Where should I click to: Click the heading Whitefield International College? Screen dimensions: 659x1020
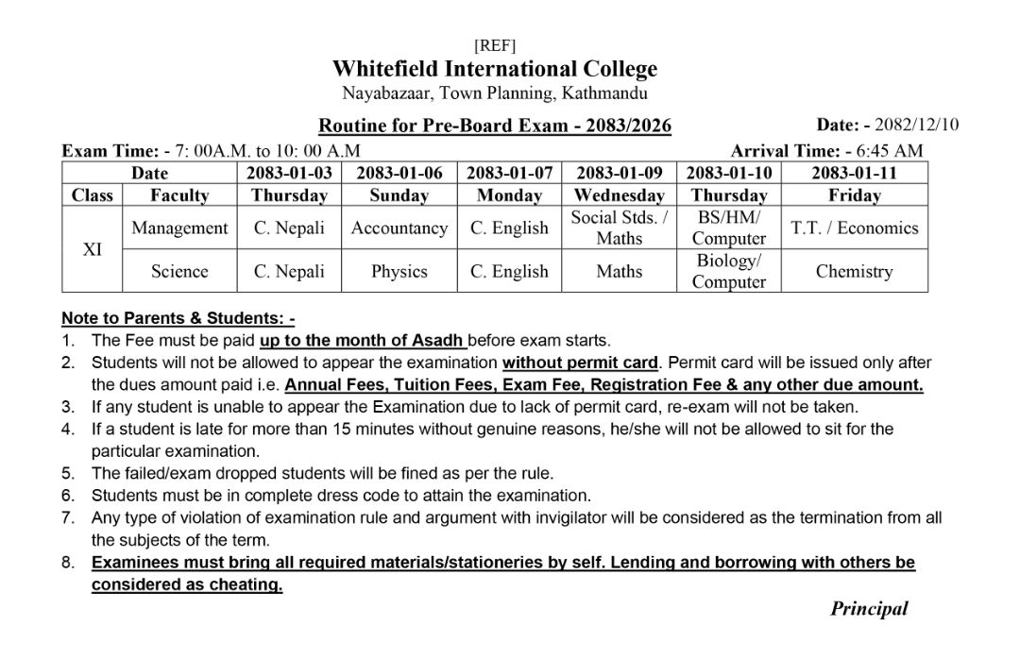[x=494, y=69]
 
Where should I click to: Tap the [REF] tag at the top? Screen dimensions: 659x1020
[x=494, y=45]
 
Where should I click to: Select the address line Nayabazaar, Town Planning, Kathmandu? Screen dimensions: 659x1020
[x=494, y=93]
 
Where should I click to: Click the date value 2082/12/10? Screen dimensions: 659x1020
[x=916, y=125]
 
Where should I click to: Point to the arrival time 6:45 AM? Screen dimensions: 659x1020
[x=890, y=150]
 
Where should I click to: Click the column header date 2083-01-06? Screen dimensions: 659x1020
[x=399, y=173]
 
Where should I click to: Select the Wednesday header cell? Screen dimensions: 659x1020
[x=619, y=195]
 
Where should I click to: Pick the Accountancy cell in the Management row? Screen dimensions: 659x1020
[x=399, y=228]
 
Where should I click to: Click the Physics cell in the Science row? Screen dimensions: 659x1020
[x=399, y=271]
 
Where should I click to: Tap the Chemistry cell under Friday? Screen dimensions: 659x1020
[x=854, y=271]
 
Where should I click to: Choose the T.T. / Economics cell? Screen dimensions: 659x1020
[x=854, y=228]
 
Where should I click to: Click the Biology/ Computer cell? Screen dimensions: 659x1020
[x=728, y=271]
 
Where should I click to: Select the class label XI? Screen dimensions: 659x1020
[x=93, y=249]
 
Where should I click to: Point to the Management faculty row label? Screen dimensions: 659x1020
[x=179, y=228]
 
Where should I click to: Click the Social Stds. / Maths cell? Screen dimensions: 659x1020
[x=619, y=228]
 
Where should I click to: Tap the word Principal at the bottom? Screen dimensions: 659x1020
[x=869, y=609]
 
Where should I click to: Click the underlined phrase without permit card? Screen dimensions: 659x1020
[x=580, y=363]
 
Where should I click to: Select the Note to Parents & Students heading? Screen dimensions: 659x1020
[x=178, y=318]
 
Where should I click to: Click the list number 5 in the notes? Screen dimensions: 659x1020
[x=68, y=473]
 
